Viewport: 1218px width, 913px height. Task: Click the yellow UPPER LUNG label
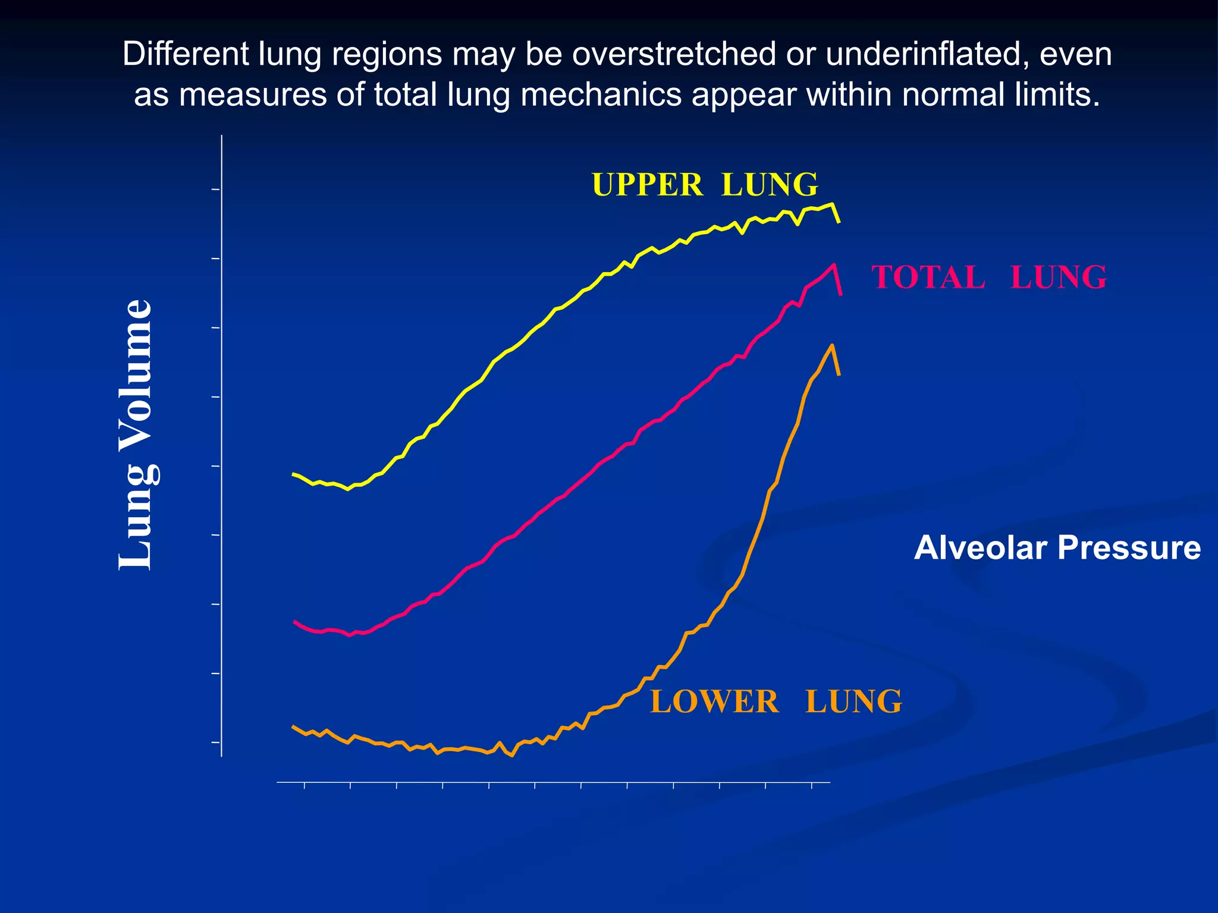705,185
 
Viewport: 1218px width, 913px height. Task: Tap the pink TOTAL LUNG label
988,278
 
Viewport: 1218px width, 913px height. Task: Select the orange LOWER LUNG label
776,701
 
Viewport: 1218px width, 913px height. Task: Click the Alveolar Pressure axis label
1057,547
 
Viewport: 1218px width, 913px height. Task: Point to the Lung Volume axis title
136,435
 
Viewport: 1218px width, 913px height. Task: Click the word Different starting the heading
186,54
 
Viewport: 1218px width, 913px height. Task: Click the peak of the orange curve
832,345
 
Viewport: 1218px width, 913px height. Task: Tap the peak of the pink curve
834,265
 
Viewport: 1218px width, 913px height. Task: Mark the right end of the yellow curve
839,222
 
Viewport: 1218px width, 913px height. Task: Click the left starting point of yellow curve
293,474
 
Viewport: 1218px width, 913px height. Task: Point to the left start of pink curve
294,621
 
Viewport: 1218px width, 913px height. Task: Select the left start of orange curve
293,726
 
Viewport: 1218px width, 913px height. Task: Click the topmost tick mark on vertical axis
216,190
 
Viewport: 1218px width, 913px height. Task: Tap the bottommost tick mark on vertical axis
216,742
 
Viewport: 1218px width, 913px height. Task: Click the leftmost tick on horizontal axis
304,786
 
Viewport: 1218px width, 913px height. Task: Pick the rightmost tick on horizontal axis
812,786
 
